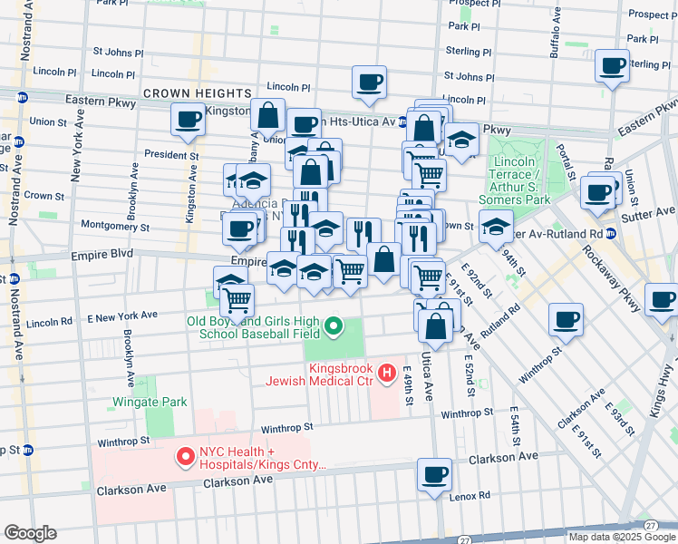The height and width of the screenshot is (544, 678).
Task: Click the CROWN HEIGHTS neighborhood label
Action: click(196, 93)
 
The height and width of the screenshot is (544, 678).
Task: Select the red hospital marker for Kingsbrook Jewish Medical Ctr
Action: click(388, 372)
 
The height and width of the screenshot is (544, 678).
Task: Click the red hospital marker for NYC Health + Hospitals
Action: click(187, 458)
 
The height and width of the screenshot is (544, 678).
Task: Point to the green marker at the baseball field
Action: click(334, 325)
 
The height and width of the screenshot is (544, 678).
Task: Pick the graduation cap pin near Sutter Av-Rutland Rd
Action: click(496, 225)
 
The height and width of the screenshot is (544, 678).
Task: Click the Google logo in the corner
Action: click(30, 533)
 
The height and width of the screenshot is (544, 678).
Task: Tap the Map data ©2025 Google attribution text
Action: click(620, 537)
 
